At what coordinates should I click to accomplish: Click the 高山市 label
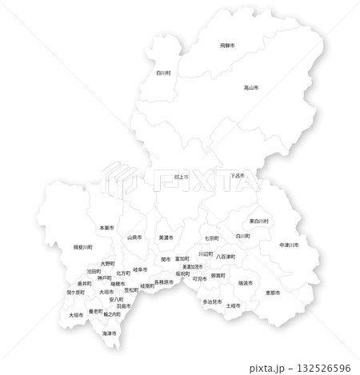coord(251,87)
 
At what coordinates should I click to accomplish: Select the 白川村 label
coord(164,70)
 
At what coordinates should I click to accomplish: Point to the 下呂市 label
coord(237,176)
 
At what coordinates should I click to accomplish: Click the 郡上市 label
coord(180,177)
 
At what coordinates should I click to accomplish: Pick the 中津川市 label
coord(289,244)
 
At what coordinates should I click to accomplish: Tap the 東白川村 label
coord(258,220)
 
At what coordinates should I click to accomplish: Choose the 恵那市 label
coord(273,293)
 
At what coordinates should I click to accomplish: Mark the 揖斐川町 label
coord(83,247)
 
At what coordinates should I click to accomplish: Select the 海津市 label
coord(110,332)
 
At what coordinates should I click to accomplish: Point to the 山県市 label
coord(134,237)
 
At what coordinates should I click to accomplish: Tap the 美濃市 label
coord(166,237)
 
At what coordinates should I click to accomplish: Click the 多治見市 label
coord(212,301)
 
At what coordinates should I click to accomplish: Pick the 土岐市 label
coord(234,305)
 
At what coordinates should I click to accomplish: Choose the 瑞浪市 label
coord(245,282)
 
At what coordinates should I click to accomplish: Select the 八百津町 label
coord(226,256)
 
